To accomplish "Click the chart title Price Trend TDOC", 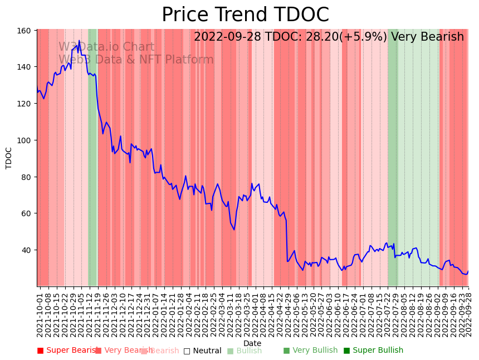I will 245,15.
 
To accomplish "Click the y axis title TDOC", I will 9,158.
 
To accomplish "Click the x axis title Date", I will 252,343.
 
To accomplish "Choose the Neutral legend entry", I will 202,351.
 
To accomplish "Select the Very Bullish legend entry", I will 310,351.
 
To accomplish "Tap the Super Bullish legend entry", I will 373,351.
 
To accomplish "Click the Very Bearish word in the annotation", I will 427,37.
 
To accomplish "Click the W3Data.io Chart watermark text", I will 106,47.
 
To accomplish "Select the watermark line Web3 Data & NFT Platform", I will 136,60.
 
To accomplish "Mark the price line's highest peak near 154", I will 79,41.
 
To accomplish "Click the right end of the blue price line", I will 468,271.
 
